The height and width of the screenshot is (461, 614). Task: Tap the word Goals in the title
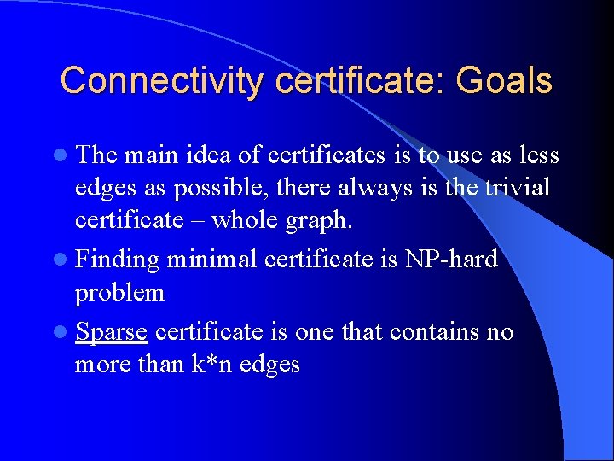click(504, 81)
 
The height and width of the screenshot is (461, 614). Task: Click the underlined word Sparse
click(112, 332)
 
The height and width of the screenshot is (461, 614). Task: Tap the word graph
click(321, 221)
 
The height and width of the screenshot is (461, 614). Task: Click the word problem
click(119, 293)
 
